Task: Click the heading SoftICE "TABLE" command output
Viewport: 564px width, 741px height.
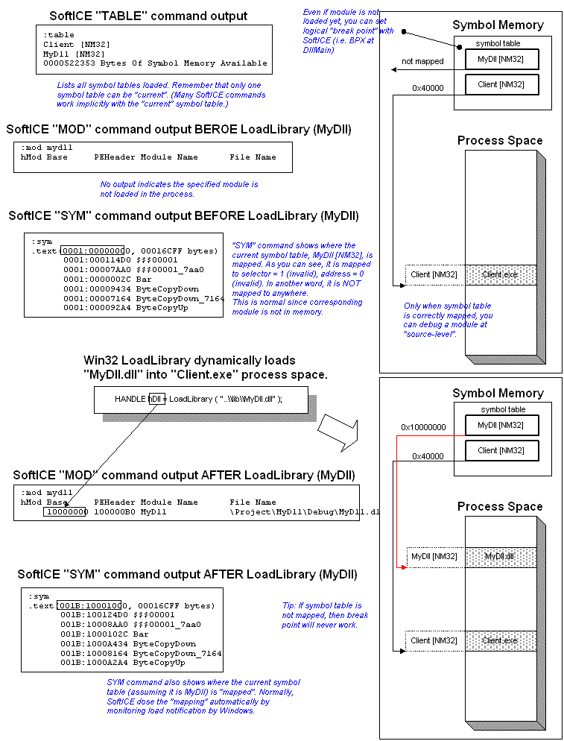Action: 148,16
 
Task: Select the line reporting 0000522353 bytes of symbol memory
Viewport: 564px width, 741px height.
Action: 155,63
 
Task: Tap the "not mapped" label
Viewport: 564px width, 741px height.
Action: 422,61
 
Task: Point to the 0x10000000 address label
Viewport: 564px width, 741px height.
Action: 422,427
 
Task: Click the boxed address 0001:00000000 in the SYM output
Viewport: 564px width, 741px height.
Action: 92,250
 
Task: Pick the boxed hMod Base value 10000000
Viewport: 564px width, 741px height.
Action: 66,512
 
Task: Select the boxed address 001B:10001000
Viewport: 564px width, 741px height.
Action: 89,605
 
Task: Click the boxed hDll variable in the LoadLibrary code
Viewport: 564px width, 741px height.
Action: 156,399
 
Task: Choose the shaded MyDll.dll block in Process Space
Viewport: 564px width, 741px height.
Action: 500,557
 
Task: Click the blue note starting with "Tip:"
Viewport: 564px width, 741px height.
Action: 325,615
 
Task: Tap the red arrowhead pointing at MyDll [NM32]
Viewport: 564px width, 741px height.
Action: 403,567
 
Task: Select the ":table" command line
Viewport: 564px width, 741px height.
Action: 59,35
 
